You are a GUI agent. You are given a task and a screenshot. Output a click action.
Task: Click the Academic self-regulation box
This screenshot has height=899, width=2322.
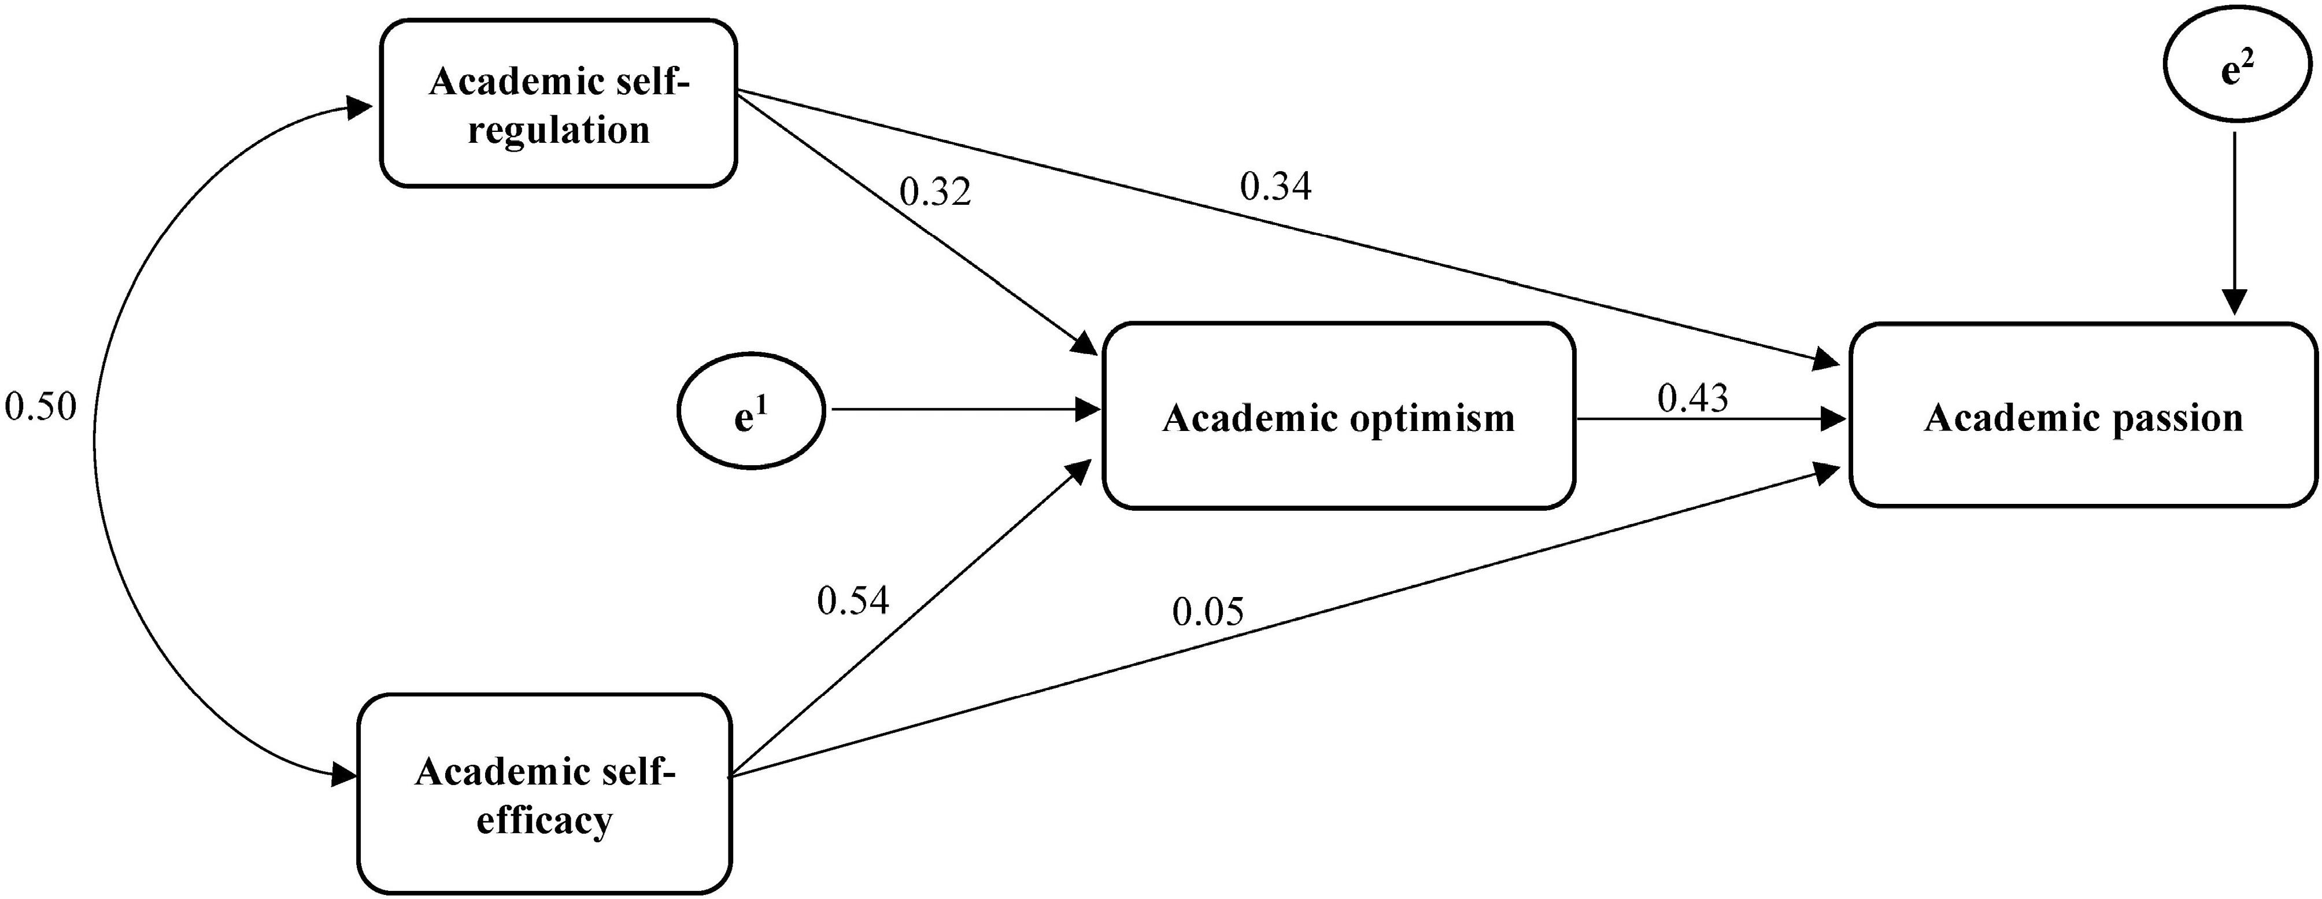558,104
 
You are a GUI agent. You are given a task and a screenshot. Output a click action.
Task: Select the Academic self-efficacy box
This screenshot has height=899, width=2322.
545,794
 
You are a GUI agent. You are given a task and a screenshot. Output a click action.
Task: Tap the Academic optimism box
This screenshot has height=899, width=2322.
1339,416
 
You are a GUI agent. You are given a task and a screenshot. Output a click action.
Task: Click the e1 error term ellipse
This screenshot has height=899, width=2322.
750,411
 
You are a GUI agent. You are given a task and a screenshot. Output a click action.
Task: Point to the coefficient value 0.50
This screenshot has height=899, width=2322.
40,407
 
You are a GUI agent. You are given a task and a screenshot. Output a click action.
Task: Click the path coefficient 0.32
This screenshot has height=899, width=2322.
935,192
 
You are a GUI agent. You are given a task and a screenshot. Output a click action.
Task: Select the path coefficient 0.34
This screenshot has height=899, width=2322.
1275,187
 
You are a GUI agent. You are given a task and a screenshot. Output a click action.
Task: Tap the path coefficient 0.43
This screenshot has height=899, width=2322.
1693,397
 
